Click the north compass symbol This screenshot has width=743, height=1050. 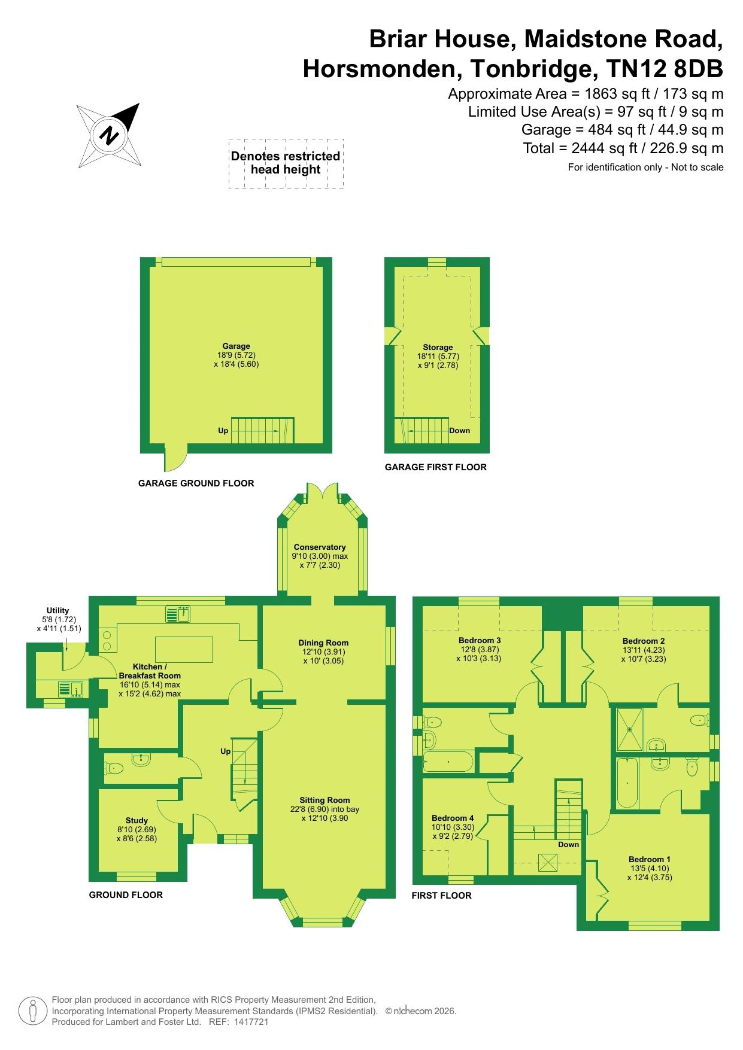pyautogui.click(x=108, y=135)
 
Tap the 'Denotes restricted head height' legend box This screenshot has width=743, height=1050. pyautogui.click(x=286, y=163)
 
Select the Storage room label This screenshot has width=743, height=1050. pyautogui.click(x=438, y=347)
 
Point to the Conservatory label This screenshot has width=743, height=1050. pyautogui.click(x=320, y=547)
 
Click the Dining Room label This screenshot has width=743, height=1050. pyautogui.click(x=323, y=643)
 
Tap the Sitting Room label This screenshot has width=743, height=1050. pyautogui.click(x=325, y=800)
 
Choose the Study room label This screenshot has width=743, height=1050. pyautogui.click(x=137, y=821)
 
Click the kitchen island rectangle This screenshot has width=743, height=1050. pyautogui.click(x=184, y=650)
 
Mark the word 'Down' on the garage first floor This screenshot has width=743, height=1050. pyautogui.click(x=460, y=430)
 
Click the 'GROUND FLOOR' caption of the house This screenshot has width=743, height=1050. pyautogui.click(x=126, y=895)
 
